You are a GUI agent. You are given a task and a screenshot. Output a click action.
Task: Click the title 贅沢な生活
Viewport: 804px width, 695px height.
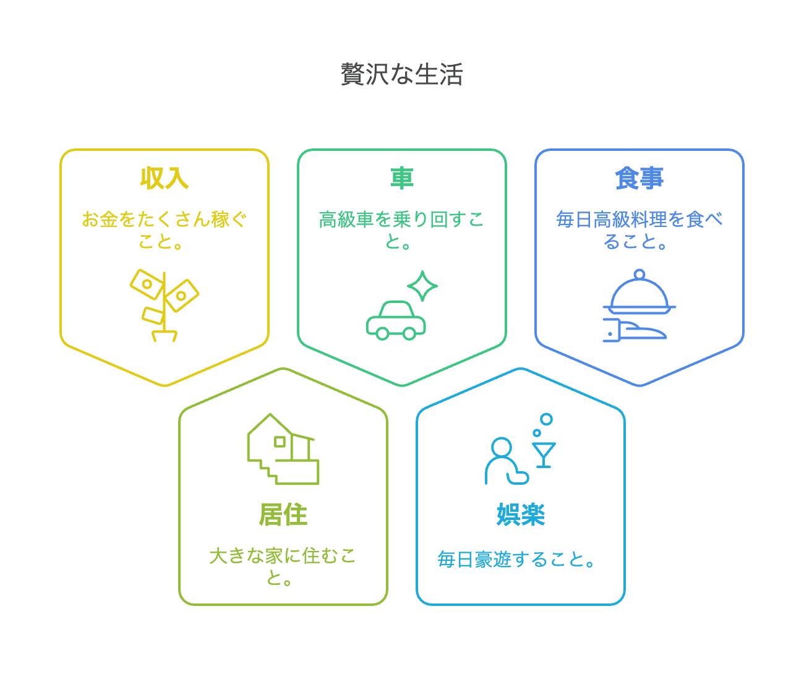coord(402,74)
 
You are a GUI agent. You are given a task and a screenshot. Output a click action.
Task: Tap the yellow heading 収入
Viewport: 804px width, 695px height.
coord(165,178)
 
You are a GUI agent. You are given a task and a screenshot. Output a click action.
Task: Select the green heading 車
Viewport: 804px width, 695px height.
coord(402,178)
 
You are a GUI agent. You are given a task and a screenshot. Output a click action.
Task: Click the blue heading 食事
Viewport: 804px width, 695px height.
coord(639,178)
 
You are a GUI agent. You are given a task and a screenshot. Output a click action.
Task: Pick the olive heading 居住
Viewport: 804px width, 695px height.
coord(283,514)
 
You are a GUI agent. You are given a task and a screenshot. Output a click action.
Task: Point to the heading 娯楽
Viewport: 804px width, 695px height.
coord(521,514)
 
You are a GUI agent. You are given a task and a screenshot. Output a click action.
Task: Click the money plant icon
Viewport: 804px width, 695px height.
coord(164,305)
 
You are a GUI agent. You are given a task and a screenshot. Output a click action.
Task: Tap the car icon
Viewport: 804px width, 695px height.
coord(396,320)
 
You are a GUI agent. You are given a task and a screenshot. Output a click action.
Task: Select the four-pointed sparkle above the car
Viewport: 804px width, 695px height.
coord(422,286)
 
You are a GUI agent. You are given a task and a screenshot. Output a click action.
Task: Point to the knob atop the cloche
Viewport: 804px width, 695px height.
coord(639,275)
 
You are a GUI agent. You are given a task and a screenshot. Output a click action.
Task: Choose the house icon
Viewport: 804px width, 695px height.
coord(283,449)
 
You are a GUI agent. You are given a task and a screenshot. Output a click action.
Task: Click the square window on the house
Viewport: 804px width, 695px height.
coord(280,441)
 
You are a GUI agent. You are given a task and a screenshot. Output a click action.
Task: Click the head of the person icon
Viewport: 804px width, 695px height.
coord(501,448)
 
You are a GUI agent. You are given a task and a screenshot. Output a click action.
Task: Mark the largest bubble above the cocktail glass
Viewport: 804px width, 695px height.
coord(546,419)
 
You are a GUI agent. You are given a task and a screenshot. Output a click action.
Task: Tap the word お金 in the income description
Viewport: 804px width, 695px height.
coord(100,220)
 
